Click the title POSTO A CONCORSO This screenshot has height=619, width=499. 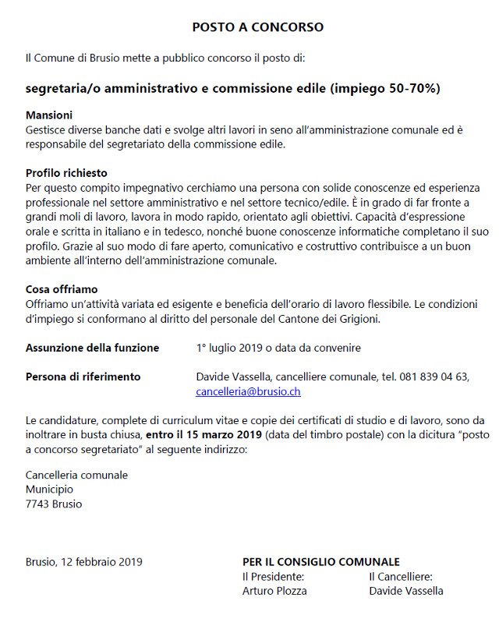(x=257, y=27)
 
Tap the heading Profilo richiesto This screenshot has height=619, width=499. (x=66, y=173)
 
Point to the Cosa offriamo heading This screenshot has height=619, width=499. (x=62, y=289)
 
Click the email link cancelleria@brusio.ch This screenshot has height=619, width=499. (x=248, y=392)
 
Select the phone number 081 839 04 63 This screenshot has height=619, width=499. (x=434, y=377)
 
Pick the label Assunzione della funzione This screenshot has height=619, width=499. (x=92, y=348)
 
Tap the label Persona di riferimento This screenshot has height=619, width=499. (x=83, y=377)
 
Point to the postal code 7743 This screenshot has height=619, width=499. (x=39, y=504)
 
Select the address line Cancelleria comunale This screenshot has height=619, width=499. (x=76, y=475)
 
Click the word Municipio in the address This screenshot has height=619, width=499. (x=49, y=490)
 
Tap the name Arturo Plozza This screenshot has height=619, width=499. (x=274, y=591)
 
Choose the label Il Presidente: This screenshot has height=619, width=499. (x=273, y=577)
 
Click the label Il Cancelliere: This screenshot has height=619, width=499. (x=401, y=577)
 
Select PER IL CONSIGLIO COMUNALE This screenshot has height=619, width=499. (x=321, y=562)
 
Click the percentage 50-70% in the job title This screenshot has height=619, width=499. (x=413, y=88)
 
